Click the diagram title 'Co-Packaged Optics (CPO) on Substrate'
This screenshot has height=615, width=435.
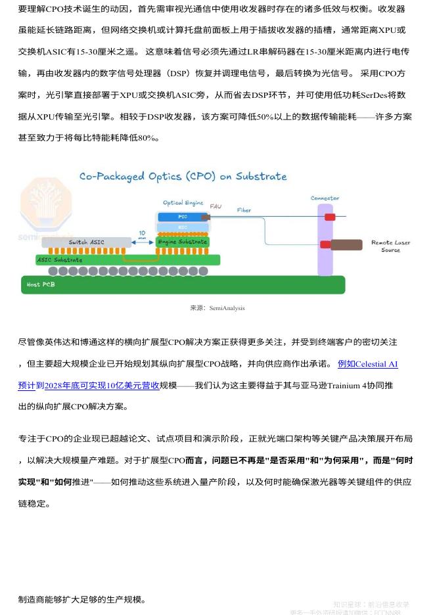(x=183, y=176)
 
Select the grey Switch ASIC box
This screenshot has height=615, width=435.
(x=87, y=242)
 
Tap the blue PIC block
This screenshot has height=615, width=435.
(x=183, y=217)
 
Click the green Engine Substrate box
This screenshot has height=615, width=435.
(x=183, y=242)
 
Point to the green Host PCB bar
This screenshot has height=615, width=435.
(x=183, y=285)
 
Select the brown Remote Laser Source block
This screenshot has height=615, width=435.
(x=346, y=245)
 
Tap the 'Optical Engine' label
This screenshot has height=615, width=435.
(x=183, y=203)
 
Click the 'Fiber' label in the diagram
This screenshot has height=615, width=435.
(x=244, y=210)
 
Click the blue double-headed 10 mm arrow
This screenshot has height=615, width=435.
(x=143, y=242)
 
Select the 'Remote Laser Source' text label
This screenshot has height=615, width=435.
(x=390, y=246)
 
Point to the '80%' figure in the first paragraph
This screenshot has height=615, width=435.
(x=147, y=138)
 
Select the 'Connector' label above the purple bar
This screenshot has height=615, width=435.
(x=325, y=198)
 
